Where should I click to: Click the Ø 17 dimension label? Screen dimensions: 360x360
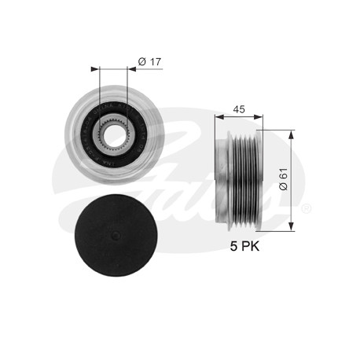[149, 62]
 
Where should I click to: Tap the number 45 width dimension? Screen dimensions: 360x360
[239, 109]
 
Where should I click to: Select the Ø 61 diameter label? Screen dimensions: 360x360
[284, 179]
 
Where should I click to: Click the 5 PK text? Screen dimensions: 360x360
[244, 246]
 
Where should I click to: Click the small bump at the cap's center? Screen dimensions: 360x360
[116, 235]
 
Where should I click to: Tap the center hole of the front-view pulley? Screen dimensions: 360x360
[114, 135]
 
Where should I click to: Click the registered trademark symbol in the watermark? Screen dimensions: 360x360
[306, 208]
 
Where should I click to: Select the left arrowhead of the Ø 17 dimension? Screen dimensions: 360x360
[95, 69]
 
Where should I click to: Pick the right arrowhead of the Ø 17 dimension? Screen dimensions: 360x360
[132, 69]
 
